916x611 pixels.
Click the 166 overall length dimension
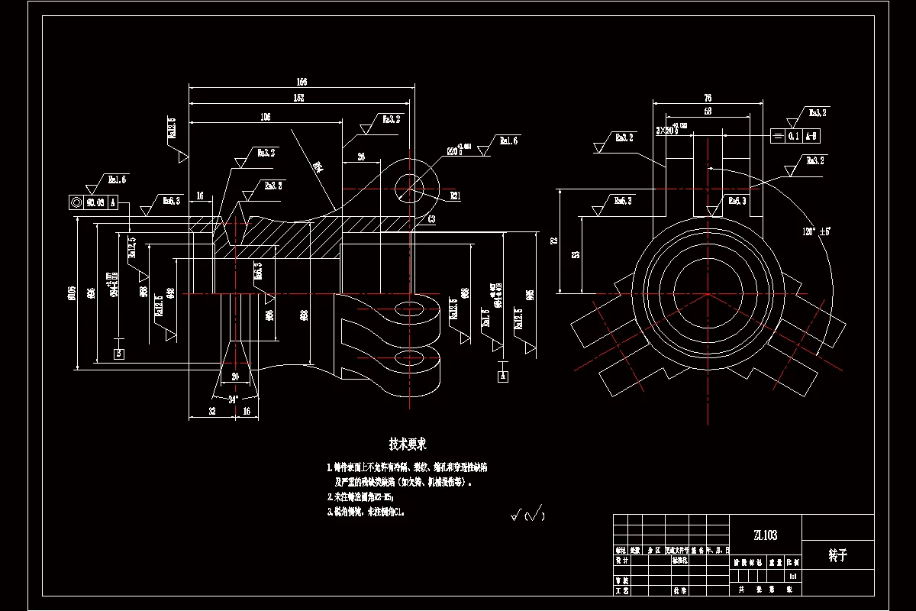pos(302,82)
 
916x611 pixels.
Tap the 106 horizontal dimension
pos(266,117)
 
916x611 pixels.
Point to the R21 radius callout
pos(455,196)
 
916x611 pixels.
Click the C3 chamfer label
pos(431,219)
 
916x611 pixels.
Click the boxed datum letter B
pos(118,354)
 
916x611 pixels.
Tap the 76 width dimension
pos(707,98)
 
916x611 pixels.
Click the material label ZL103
pos(766,535)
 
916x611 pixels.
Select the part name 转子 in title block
pos(837,556)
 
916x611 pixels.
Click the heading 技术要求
pos(407,444)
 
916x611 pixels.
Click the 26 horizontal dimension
pos(360,157)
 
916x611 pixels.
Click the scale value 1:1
pos(794,576)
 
